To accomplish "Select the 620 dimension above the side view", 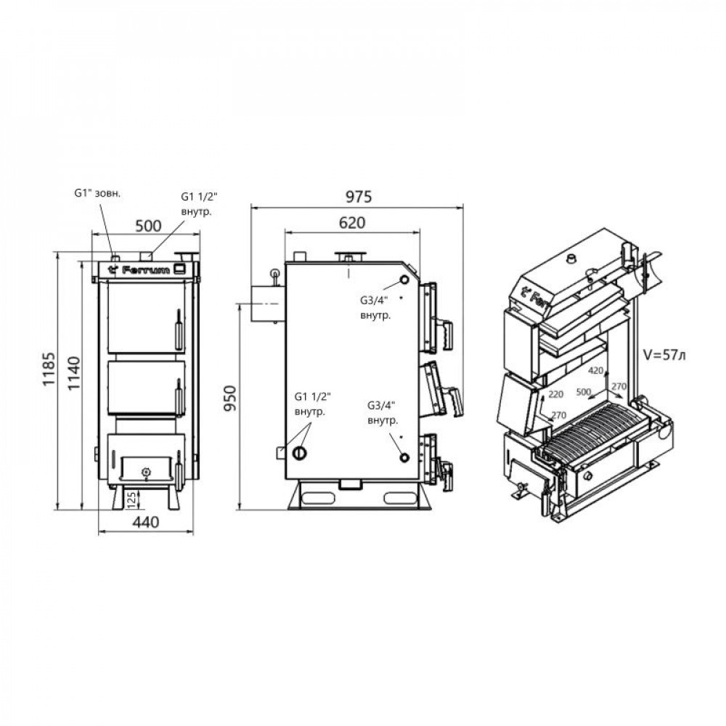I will (x=351, y=224).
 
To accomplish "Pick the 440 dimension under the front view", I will (x=147, y=520).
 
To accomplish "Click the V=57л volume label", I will (x=664, y=356).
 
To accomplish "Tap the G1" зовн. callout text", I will (x=98, y=194).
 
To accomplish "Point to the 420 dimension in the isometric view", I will (x=596, y=371).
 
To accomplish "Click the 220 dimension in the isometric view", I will (x=557, y=394).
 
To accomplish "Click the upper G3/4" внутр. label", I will (x=375, y=306).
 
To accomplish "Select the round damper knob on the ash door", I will (x=147, y=472).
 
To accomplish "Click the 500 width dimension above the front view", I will (x=148, y=226).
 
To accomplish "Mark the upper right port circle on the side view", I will (x=404, y=282).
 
